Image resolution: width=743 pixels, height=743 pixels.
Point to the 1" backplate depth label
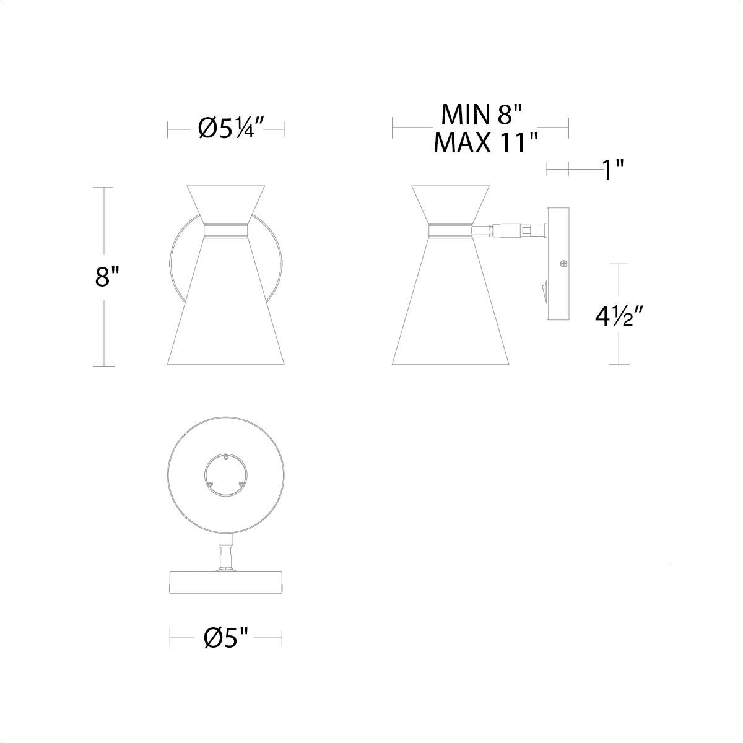[x=612, y=169]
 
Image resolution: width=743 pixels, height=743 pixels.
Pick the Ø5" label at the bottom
[x=226, y=637]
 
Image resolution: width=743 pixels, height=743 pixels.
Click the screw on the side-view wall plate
[x=563, y=264]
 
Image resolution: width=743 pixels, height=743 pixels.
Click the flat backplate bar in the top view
[x=226, y=582]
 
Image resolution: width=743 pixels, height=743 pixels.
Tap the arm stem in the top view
[x=225, y=551]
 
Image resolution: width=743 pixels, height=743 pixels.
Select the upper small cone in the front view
[x=226, y=201]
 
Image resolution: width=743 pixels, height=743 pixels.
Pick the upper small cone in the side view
[x=451, y=201]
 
